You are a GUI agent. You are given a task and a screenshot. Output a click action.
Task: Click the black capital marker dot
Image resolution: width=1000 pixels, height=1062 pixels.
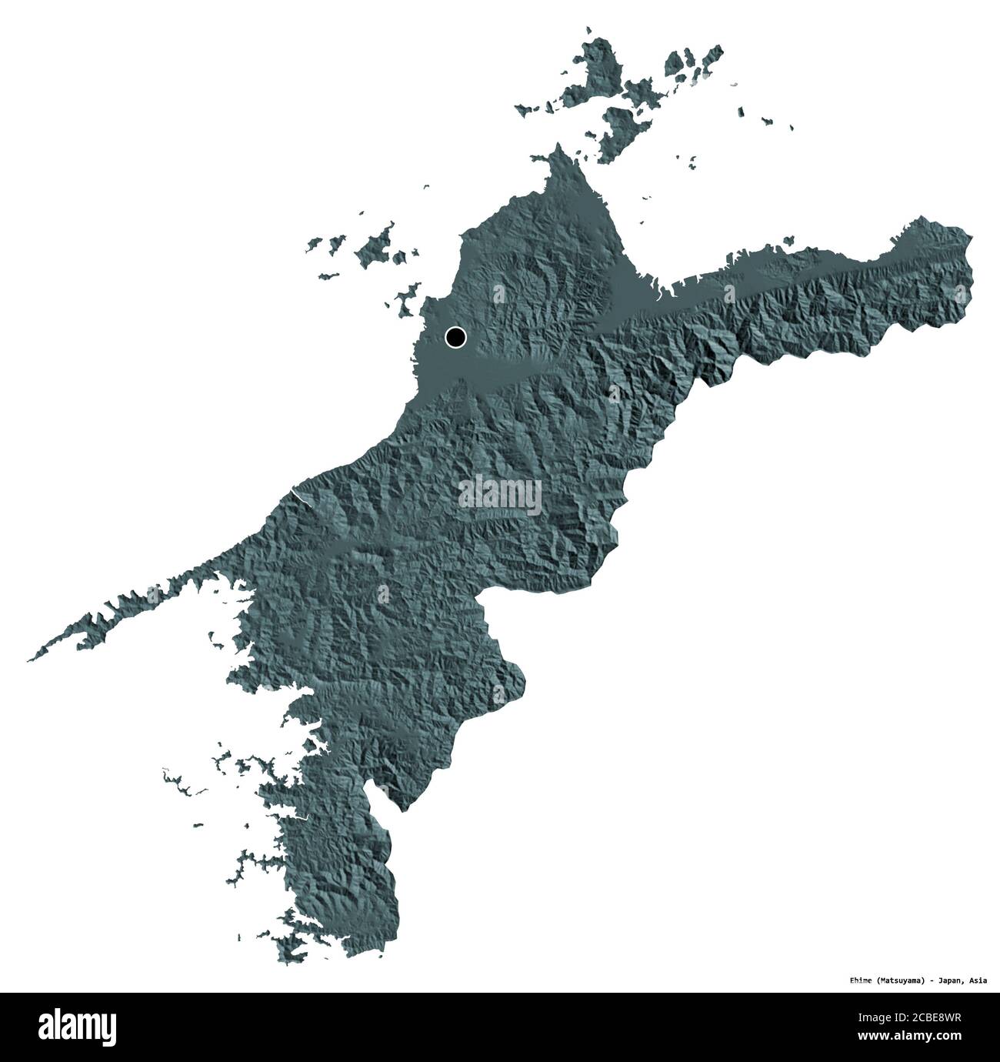(x=455, y=336)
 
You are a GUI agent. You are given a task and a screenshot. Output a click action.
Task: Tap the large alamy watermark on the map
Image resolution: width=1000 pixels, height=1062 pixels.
(x=500, y=493)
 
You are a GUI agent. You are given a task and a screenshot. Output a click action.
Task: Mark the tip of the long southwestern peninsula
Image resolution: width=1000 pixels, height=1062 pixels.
(x=29, y=660)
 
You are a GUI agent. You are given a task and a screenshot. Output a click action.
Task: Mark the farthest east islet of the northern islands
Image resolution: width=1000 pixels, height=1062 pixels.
(x=788, y=128)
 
